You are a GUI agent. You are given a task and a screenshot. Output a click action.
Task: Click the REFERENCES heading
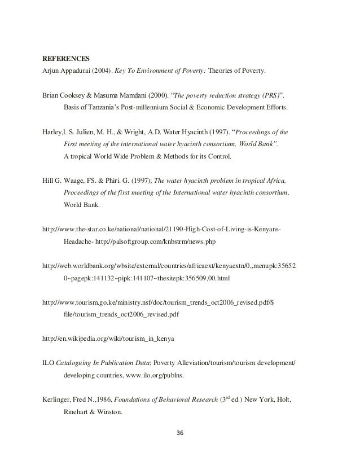(x=67, y=58)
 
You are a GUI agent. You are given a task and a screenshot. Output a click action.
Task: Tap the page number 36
(x=180, y=433)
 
